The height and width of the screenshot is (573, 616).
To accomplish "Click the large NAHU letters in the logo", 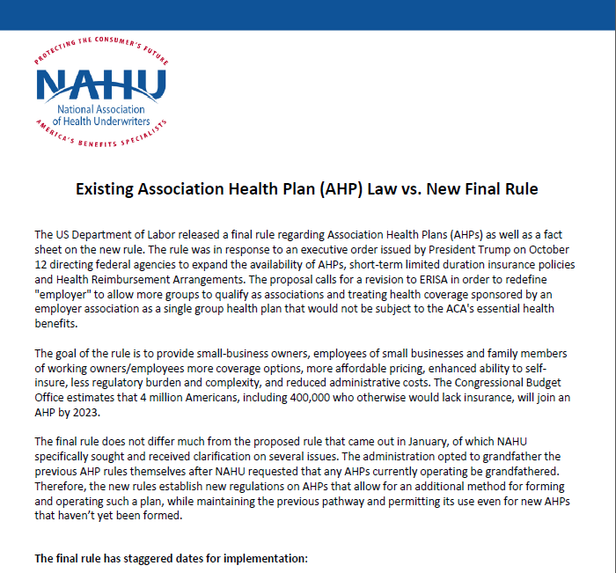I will [x=101, y=84].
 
